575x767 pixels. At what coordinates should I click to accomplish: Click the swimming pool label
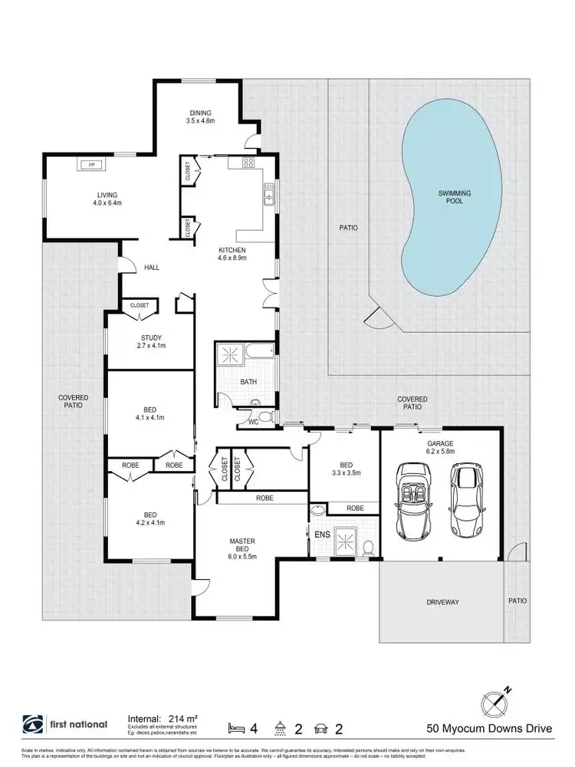[454, 197]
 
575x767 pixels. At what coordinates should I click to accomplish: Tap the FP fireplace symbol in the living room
[90, 165]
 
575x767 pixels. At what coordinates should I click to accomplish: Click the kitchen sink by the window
[269, 199]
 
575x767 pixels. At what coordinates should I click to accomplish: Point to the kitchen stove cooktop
[248, 163]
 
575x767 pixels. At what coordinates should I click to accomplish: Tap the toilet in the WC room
[264, 416]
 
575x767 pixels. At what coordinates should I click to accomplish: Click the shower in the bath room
[229, 354]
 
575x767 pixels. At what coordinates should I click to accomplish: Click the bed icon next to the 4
[236, 726]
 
